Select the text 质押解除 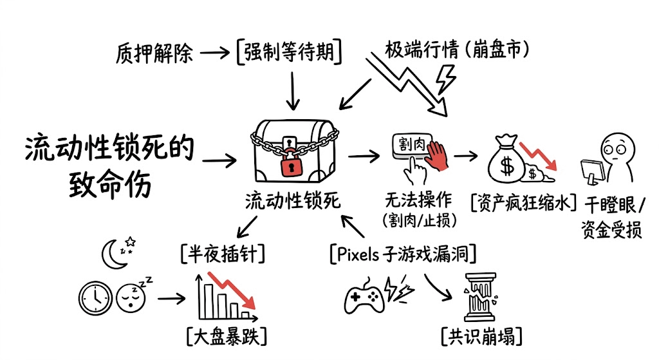(x=154, y=52)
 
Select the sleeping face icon (x=131, y=297)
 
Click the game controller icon (x=364, y=297)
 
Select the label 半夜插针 (x=222, y=254)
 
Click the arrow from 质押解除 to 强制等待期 (x=214, y=52)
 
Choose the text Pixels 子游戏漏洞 (x=403, y=254)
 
